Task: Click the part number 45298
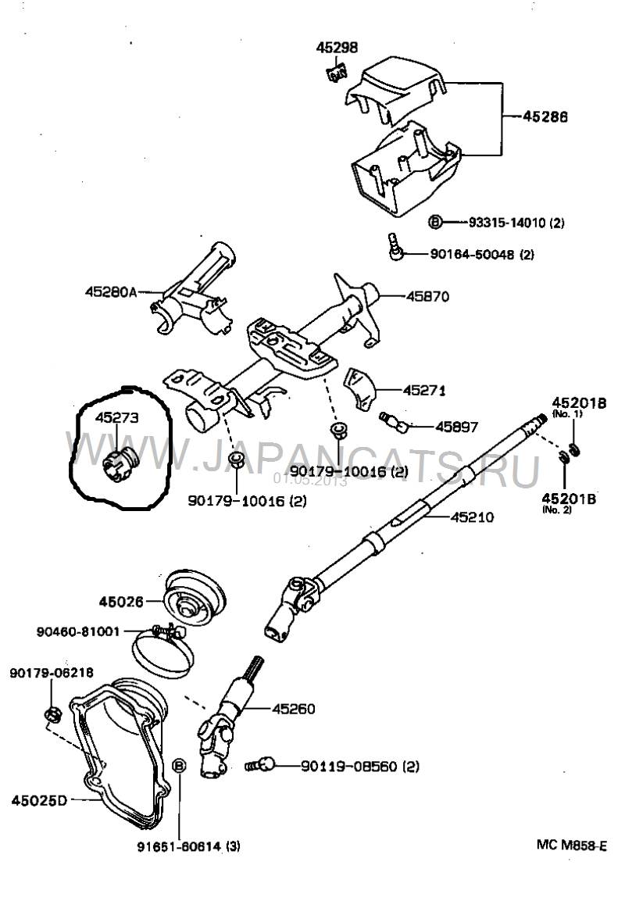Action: pyautogui.click(x=337, y=48)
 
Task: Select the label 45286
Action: pyautogui.click(x=546, y=116)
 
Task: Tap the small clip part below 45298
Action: pyautogui.click(x=336, y=74)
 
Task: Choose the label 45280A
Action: pyautogui.click(x=111, y=292)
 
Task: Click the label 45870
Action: pyautogui.click(x=428, y=297)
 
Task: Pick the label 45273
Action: pyautogui.click(x=116, y=418)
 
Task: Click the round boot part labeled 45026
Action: pyautogui.click(x=195, y=600)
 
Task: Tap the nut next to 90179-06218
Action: pyautogui.click(x=52, y=713)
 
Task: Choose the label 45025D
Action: pyautogui.click(x=40, y=800)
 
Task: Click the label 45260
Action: pyautogui.click(x=293, y=709)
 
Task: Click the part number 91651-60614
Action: pyautogui.click(x=177, y=846)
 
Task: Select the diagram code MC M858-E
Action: pyautogui.click(x=570, y=845)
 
